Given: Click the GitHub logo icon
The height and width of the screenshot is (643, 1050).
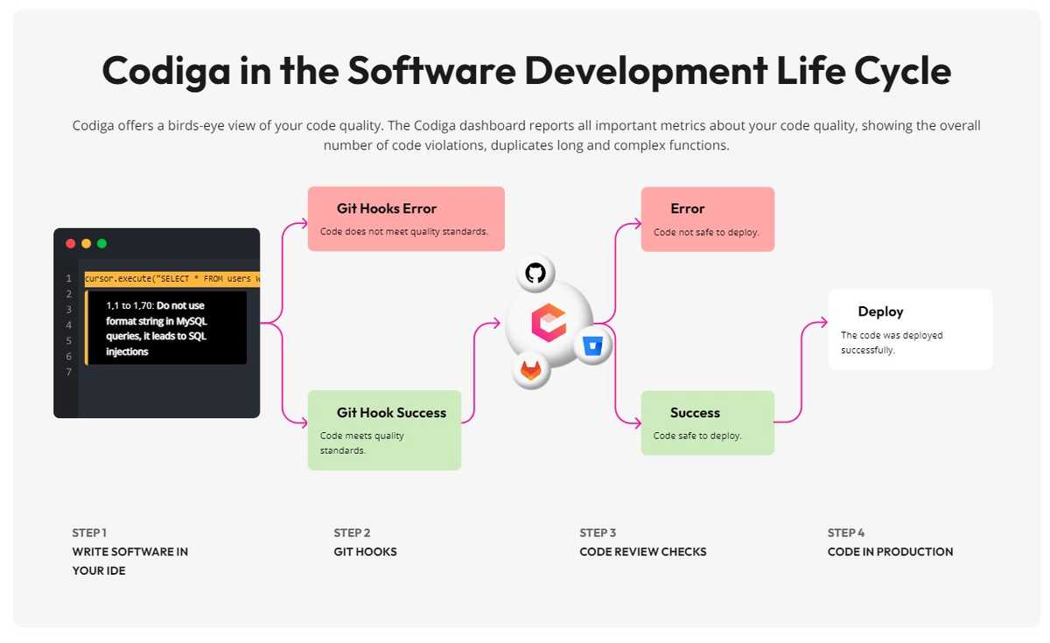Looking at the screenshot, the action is click(535, 273).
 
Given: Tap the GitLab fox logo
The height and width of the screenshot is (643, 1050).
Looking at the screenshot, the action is click(531, 370).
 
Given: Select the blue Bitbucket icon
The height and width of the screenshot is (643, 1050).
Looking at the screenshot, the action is click(593, 346).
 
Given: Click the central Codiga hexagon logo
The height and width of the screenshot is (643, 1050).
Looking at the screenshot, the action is click(549, 322).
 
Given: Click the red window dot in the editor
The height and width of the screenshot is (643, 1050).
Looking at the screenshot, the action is click(71, 244).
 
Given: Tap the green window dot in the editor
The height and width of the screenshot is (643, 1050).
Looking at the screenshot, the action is click(101, 244).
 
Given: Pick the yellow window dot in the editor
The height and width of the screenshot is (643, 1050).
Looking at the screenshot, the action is click(87, 244).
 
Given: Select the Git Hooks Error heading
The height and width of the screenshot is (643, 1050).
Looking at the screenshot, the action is click(386, 208).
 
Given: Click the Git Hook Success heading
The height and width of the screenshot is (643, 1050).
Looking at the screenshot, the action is click(391, 412).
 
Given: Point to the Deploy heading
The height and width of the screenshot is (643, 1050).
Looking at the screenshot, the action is click(880, 311).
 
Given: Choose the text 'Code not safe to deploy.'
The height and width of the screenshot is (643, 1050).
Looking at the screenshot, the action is click(706, 232).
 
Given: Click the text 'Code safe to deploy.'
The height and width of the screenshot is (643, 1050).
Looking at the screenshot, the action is click(697, 436).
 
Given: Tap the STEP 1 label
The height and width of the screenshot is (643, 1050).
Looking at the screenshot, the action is click(89, 533).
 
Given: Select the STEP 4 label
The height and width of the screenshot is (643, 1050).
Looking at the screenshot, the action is click(845, 533).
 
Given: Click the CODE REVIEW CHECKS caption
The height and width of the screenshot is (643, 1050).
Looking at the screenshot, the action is click(642, 552).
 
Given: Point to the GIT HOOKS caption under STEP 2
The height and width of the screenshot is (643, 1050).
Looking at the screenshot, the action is click(365, 552).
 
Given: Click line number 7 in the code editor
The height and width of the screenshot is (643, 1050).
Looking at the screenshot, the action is click(69, 372).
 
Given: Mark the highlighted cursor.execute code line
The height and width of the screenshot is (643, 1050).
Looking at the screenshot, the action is click(172, 279).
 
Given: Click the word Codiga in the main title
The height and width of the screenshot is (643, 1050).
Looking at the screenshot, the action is click(166, 71).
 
